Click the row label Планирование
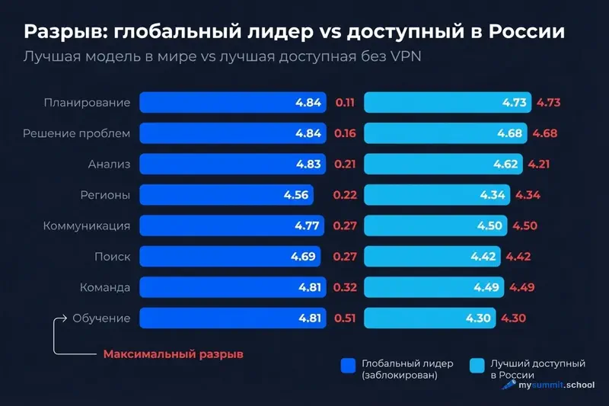coord(87,103)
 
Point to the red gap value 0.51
coord(345,318)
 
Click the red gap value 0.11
coord(345,103)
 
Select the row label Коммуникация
coord(87,226)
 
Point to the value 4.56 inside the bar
coord(295,195)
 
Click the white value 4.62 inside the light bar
coord(506,164)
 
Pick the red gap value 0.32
coord(345,287)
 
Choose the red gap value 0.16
coord(345,133)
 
